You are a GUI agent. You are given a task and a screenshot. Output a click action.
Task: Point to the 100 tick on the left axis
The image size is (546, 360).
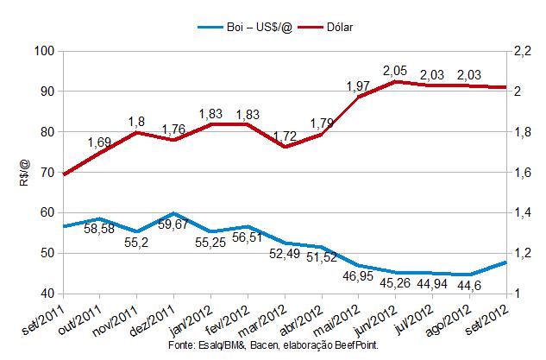(x=44, y=51)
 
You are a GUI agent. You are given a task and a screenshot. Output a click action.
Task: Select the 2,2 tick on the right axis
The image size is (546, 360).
(x=523, y=51)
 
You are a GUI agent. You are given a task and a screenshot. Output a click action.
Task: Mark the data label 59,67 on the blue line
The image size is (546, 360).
(x=174, y=228)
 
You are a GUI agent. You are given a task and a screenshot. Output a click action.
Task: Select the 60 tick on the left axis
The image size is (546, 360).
(x=47, y=212)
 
